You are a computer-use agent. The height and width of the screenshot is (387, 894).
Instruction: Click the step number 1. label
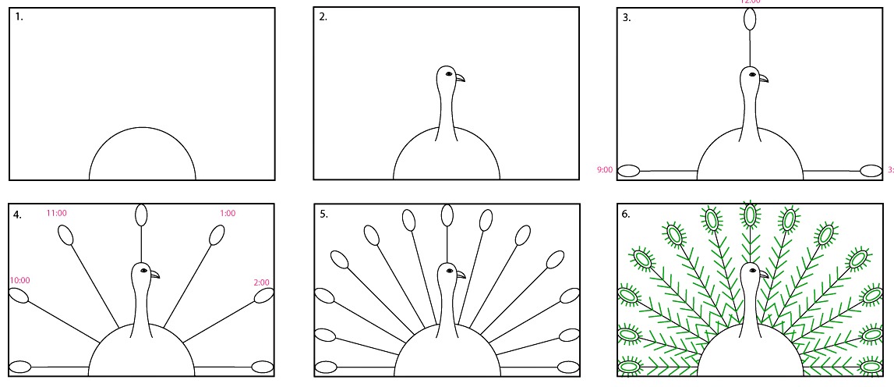click(x=19, y=16)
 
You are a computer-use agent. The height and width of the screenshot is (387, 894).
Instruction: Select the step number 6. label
click(x=626, y=213)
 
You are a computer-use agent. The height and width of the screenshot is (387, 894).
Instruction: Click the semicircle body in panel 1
click(x=142, y=156)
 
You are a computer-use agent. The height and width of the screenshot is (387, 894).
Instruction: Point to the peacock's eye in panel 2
click(x=450, y=75)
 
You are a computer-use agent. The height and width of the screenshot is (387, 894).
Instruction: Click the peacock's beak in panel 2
click(x=461, y=77)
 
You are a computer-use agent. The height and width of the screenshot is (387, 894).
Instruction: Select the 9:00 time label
click(x=606, y=169)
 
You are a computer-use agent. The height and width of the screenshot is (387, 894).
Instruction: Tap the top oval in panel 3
click(x=750, y=20)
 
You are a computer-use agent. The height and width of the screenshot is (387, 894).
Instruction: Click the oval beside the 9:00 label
click(x=629, y=170)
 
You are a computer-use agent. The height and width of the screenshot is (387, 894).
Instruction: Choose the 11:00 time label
click(x=57, y=212)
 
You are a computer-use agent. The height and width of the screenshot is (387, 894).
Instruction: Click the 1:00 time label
click(x=227, y=212)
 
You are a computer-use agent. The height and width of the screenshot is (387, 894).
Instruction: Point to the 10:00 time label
click(x=19, y=280)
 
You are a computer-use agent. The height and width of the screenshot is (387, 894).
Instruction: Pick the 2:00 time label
click(x=261, y=282)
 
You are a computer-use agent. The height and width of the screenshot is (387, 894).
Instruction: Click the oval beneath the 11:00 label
click(x=67, y=235)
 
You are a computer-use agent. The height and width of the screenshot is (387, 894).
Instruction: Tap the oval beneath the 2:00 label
click(x=263, y=296)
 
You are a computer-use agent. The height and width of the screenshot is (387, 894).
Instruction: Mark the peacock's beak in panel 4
click(x=155, y=274)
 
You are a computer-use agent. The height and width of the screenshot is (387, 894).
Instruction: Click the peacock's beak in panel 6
click(x=765, y=274)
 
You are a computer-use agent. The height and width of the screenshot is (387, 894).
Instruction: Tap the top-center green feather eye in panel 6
click(x=751, y=215)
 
